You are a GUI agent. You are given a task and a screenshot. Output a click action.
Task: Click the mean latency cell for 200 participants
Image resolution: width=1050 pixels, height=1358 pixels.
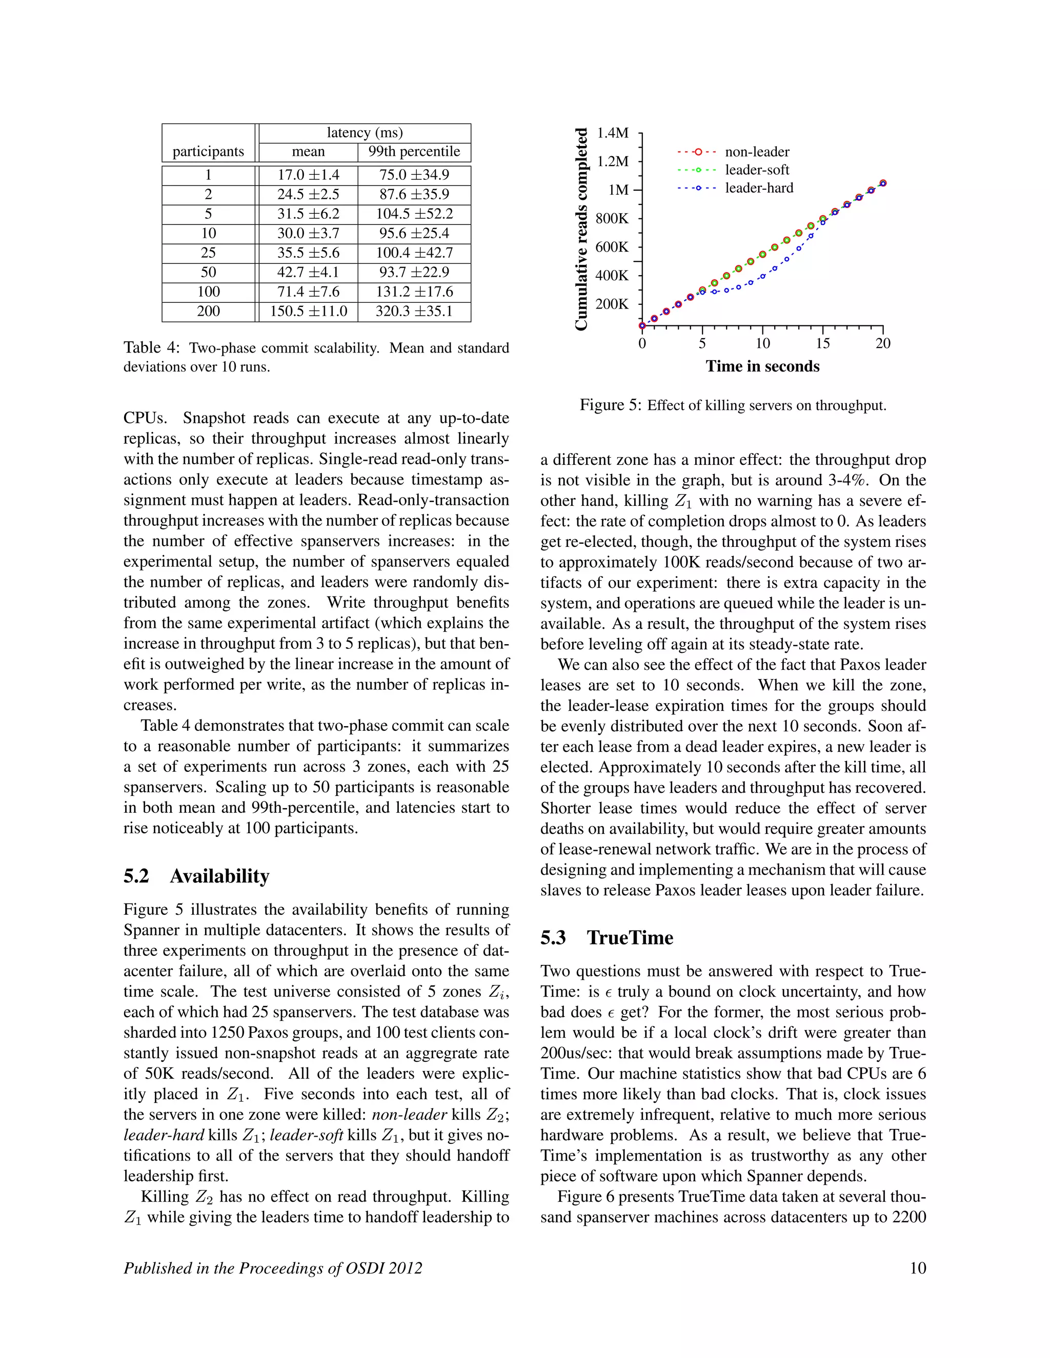(308, 312)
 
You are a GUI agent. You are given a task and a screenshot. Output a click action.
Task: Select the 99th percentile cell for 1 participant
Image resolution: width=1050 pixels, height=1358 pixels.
(414, 175)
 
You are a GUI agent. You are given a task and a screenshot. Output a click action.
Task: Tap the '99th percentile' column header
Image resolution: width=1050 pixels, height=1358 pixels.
(414, 152)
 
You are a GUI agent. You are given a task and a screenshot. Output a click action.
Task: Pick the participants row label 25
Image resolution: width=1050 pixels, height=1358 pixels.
(208, 253)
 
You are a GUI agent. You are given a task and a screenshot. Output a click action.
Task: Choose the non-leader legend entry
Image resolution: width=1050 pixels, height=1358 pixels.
(757, 152)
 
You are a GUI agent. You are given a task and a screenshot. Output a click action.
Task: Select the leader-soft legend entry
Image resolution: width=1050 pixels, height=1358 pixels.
(757, 170)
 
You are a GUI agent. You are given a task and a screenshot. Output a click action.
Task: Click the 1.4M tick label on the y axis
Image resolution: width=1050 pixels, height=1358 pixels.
(613, 133)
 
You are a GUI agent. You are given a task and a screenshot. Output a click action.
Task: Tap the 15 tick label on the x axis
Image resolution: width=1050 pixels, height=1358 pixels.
(822, 344)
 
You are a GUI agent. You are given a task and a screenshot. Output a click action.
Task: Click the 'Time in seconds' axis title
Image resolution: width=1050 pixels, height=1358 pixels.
(762, 367)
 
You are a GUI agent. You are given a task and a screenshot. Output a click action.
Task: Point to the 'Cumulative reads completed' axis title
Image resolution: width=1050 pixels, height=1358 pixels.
(581, 230)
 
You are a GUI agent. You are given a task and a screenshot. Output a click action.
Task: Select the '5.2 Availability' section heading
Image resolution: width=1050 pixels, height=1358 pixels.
(196, 876)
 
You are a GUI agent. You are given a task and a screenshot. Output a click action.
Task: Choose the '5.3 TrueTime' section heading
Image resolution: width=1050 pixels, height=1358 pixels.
(607, 938)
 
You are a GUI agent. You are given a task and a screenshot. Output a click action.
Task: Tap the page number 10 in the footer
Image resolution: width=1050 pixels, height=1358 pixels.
(918, 1268)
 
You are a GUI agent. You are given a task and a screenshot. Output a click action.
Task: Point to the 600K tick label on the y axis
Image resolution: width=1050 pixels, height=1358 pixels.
(612, 248)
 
